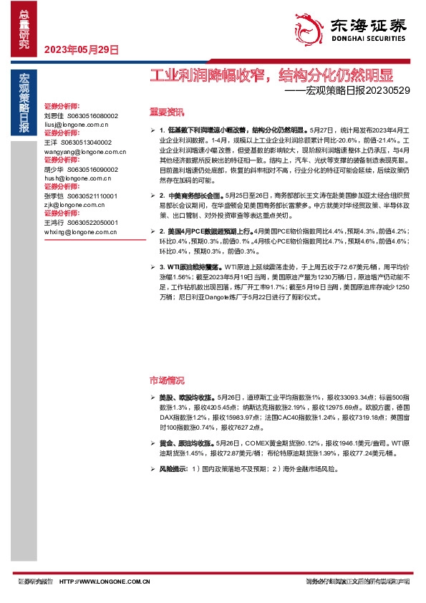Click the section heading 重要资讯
click(x=166, y=112)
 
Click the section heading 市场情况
click(x=166, y=380)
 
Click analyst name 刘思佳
click(x=54, y=115)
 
